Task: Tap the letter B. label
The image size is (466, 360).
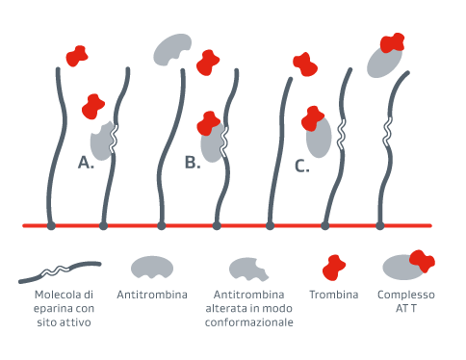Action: tap(193, 163)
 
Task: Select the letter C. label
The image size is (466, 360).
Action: tap(301, 167)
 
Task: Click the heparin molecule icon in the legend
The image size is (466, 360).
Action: tap(60, 270)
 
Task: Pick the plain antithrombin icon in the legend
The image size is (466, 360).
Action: tap(151, 267)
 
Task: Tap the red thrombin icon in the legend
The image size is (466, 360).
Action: tap(335, 267)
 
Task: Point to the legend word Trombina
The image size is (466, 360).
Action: tap(334, 295)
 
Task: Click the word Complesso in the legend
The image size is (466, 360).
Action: tap(406, 295)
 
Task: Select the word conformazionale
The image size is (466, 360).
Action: tap(248, 322)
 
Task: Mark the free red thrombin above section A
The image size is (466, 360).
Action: tap(77, 57)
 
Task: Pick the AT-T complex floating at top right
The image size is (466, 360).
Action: tap(387, 58)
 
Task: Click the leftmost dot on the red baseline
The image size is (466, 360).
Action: tap(51, 226)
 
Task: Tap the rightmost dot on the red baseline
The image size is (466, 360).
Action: tap(380, 226)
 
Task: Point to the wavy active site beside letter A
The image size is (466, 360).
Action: tap(115, 137)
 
